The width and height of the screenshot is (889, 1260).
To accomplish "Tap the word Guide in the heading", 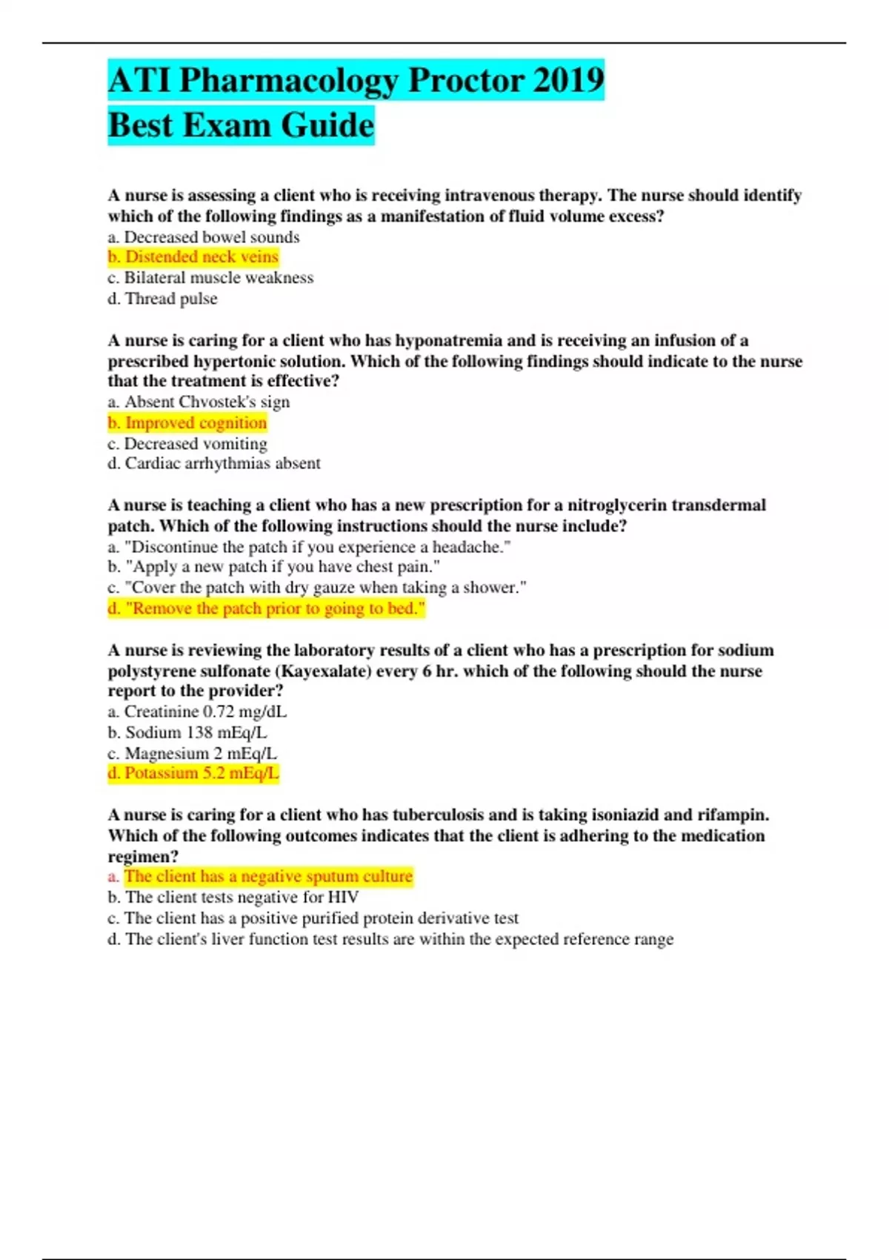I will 327,125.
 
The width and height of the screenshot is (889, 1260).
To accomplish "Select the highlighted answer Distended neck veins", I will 193,257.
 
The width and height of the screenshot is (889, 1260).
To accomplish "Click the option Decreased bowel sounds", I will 204,237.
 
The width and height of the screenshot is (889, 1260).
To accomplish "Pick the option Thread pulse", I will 163,299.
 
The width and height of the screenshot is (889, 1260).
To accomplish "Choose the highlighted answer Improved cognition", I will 187,422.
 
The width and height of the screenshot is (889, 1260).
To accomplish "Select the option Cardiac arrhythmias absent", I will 214,463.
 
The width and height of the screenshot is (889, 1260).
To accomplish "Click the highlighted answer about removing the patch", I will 267,609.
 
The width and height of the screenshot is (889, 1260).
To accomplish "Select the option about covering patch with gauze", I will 317,588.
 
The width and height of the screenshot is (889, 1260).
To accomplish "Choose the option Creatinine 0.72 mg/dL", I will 197,712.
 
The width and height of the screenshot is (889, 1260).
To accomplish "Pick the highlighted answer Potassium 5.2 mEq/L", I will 193,773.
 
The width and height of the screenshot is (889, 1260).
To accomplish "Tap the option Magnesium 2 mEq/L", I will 193,753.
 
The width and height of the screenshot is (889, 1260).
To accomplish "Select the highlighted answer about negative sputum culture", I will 260,877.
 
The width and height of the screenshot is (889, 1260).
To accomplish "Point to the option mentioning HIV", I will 233,898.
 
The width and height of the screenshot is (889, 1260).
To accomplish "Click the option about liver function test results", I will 390,939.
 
